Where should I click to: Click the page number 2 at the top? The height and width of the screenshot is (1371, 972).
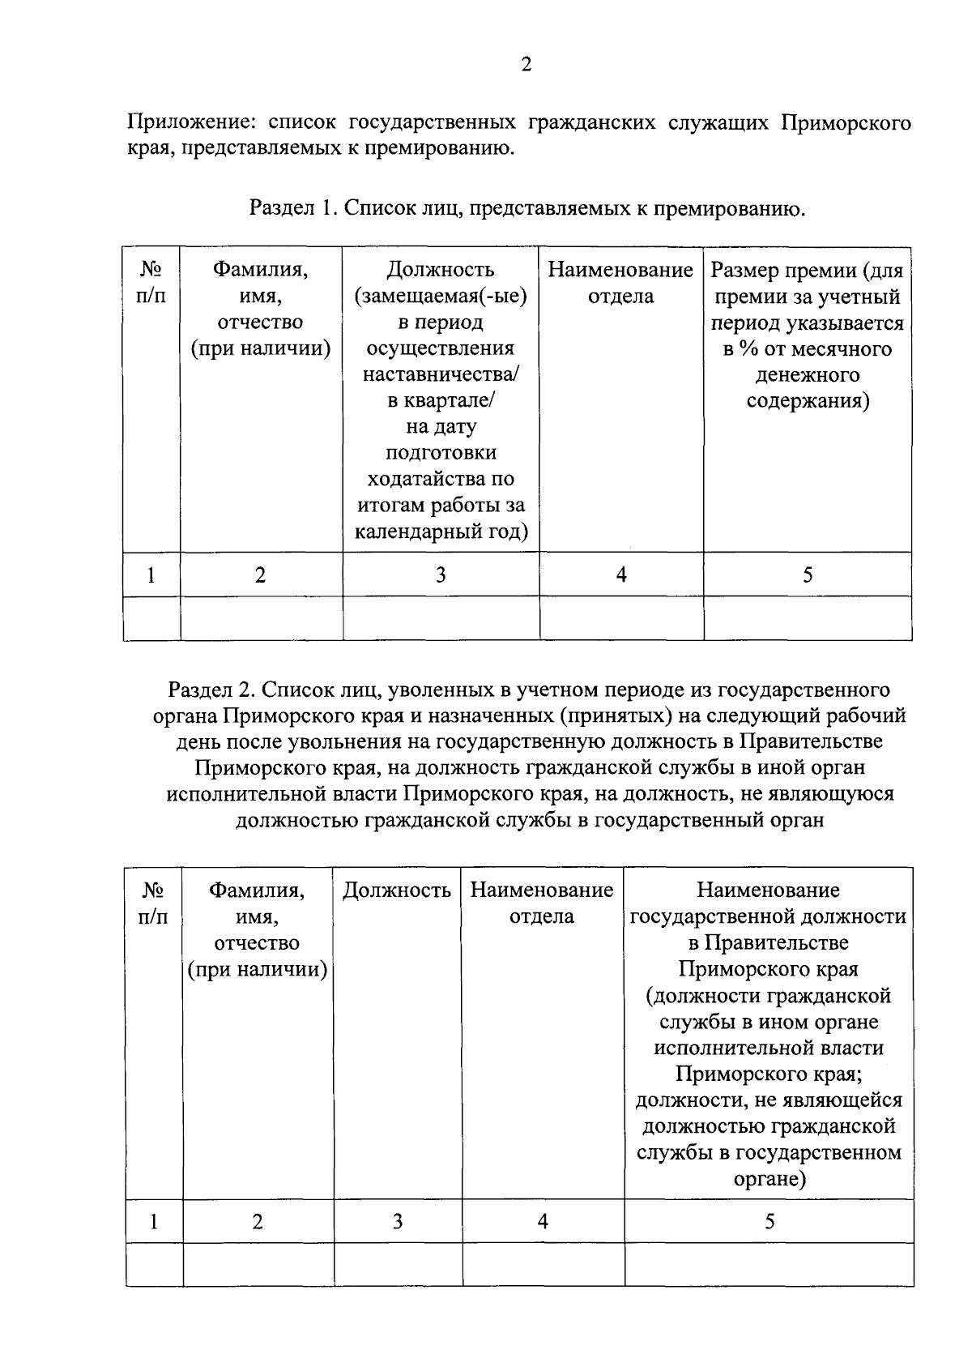point(526,66)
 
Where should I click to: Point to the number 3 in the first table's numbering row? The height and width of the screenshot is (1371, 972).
point(441,575)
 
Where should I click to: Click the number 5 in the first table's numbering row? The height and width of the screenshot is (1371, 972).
point(808,575)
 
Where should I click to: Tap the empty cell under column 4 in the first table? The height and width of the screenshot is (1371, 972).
point(621,618)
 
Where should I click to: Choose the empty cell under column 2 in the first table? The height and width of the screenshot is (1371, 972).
point(261,618)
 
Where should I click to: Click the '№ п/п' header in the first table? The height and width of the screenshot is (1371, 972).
point(151,282)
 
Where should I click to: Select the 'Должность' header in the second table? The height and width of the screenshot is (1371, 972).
point(397,891)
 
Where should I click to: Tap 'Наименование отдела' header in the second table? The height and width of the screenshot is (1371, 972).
point(542,903)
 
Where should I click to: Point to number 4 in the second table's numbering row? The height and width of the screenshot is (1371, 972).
point(543,1221)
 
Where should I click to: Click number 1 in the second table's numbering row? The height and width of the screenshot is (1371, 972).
point(154,1221)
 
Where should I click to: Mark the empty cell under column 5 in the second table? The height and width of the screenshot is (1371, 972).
point(769,1264)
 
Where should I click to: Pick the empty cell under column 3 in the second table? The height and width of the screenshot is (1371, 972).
point(398,1264)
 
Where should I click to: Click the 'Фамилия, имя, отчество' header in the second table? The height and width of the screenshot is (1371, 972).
point(258,929)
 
